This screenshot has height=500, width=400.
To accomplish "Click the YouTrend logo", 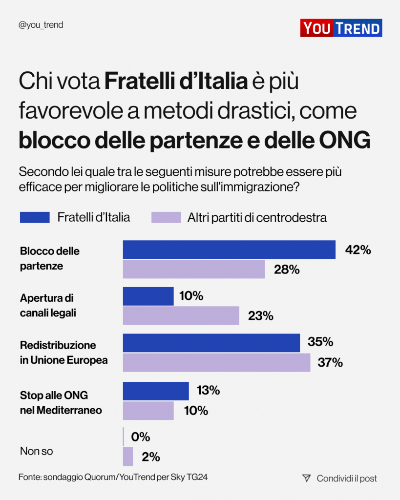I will (x=341, y=28).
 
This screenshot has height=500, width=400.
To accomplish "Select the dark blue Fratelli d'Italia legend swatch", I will (x=35, y=217).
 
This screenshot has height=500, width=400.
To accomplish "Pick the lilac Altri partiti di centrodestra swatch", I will (x=166, y=217).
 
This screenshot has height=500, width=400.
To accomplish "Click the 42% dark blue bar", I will (x=229, y=250).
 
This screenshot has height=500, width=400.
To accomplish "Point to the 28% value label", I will (x=287, y=270).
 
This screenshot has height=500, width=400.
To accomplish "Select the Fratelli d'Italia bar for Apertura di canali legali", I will (x=148, y=296).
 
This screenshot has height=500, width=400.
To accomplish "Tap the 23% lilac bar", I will (x=181, y=316).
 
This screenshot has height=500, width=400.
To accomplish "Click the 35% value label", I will (x=320, y=341).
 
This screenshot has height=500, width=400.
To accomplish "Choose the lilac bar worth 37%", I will (x=216, y=363).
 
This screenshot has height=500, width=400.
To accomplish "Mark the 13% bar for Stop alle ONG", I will (x=155, y=391).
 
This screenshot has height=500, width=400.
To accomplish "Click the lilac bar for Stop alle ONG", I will (x=148, y=411).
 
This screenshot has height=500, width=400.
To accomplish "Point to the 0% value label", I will (x=141, y=437).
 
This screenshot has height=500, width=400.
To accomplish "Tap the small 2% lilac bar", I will (x=128, y=457).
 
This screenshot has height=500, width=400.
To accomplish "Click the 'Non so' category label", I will (x=37, y=451).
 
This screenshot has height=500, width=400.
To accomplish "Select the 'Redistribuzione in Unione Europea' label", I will (x=63, y=353).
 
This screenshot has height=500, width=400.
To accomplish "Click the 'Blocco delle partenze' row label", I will (x=49, y=259).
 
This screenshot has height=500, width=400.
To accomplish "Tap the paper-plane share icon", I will (x=306, y=478).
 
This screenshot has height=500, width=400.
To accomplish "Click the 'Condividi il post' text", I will (x=347, y=479).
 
